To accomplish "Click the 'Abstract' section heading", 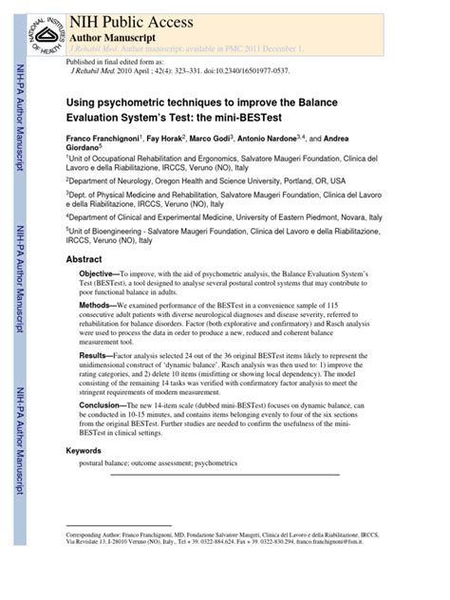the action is click(84, 258).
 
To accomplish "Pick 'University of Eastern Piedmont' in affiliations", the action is click(310, 216).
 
